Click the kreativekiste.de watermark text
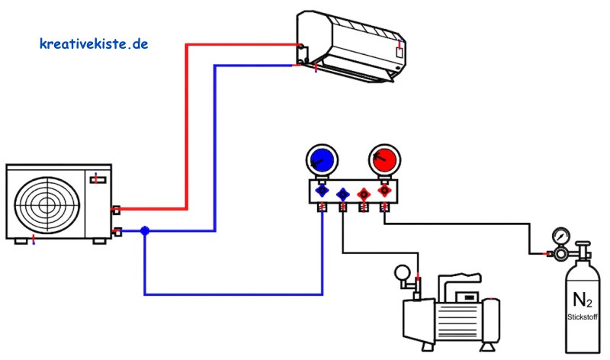[94, 43]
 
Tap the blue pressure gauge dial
[322, 160]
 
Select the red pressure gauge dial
[384, 160]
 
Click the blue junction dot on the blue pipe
[145, 231]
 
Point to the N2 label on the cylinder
[582, 300]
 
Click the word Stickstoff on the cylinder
[582, 317]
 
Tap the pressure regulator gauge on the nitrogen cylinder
[561, 236]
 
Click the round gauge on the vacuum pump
[403, 272]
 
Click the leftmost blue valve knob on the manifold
[322, 191]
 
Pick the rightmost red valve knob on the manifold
[384, 191]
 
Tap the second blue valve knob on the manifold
[342, 194]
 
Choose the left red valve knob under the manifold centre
[364, 194]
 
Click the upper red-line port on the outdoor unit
[117, 211]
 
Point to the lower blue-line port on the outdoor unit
[117, 232]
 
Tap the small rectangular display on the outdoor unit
[98, 180]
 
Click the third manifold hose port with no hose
[364, 207]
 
